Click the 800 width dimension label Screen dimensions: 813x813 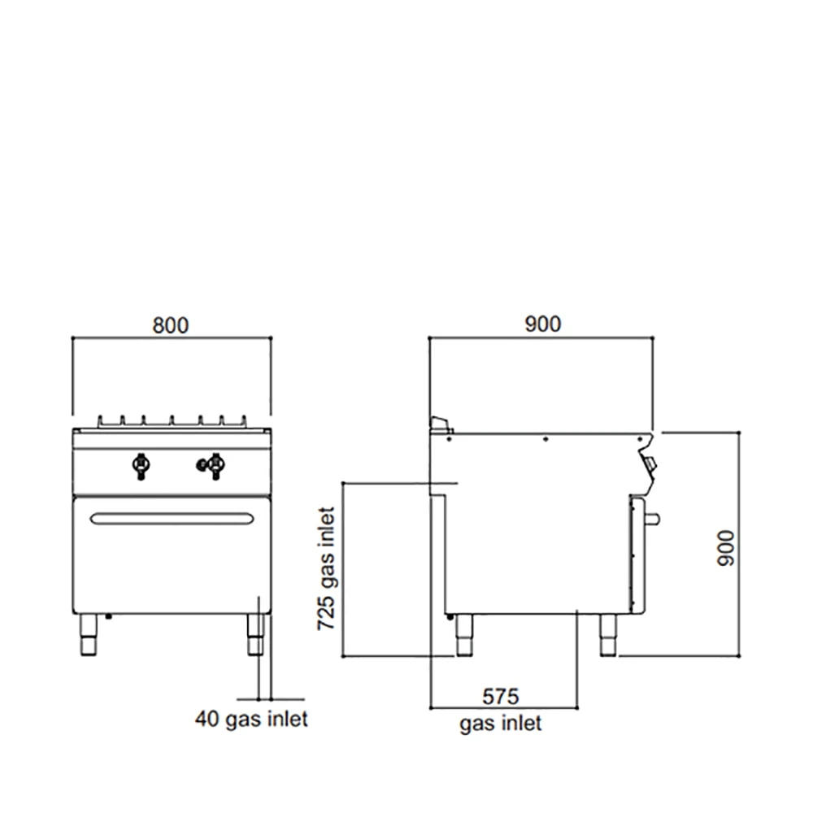tap(171, 326)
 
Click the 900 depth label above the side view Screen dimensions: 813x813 tap(543, 324)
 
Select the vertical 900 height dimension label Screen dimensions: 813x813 tap(726, 548)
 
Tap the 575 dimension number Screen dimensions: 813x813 tap(500, 697)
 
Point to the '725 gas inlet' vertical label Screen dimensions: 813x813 tap(326, 569)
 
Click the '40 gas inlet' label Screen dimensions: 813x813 tap(251, 720)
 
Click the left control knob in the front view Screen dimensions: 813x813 tap(141, 465)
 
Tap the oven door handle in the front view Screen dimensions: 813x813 tap(172, 519)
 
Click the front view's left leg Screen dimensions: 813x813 tap(88, 635)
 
